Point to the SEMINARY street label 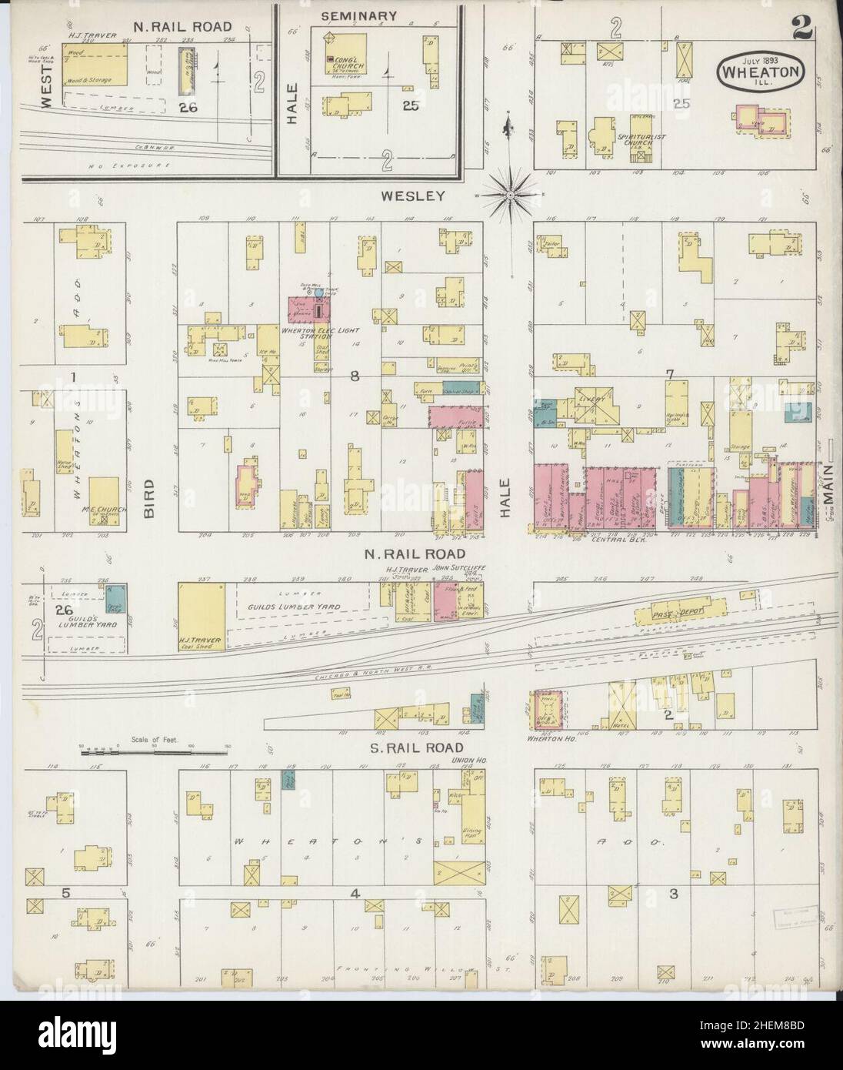(358, 15)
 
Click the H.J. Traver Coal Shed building (202, 616)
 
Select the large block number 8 (355, 376)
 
